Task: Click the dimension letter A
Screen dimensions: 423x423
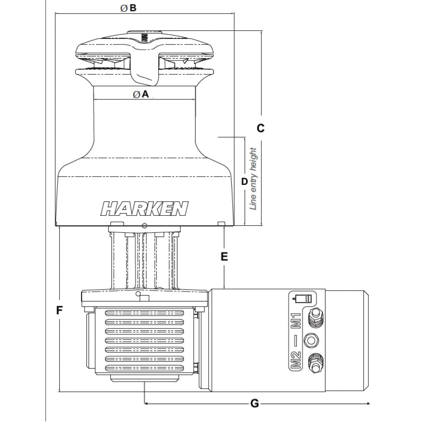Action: (x=146, y=95)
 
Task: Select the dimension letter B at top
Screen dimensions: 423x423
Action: (x=133, y=8)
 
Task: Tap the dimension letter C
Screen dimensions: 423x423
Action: (x=261, y=128)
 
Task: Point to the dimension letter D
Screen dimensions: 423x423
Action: (x=244, y=181)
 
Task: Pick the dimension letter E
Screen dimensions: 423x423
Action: (x=224, y=256)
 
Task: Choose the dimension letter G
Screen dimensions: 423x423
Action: (x=255, y=403)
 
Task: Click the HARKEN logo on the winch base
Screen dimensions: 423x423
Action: (x=145, y=208)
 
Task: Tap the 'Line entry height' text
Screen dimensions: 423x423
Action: (x=253, y=179)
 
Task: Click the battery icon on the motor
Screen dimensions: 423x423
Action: (x=302, y=298)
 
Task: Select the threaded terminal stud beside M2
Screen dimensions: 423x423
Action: (x=316, y=363)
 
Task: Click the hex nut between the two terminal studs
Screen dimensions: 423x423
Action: (x=312, y=340)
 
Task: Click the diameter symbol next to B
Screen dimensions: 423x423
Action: (x=124, y=8)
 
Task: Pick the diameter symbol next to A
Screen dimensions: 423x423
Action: (x=137, y=95)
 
